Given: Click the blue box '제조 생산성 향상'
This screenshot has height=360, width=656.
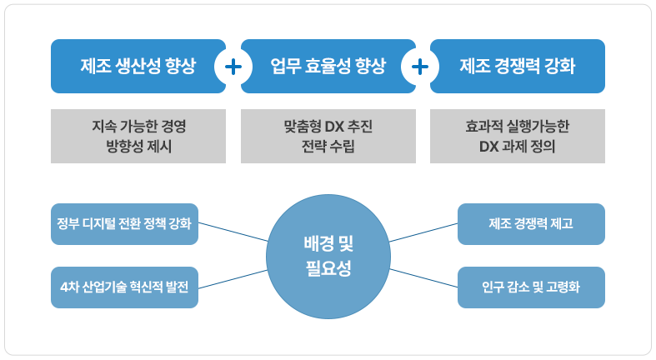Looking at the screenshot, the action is tap(138, 66).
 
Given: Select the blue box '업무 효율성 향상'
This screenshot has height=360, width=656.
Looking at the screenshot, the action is tap(328, 66).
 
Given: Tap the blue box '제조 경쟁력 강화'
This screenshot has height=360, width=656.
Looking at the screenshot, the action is tap(518, 66).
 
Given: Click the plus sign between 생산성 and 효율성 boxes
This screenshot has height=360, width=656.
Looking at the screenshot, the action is tap(233, 67).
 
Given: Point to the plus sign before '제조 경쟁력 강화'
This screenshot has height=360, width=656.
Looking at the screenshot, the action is tap(419, 67).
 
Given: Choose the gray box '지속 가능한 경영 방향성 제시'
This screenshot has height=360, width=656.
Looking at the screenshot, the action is tap(138, 137).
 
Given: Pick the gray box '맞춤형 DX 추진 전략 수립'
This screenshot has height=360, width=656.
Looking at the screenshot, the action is tap(328, 137).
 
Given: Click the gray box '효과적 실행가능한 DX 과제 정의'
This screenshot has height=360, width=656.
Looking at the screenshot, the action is tap(518, 137).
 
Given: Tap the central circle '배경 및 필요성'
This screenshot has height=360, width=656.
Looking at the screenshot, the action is tap(328, 257).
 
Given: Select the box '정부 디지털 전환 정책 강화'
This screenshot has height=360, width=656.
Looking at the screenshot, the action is tap(125, 224).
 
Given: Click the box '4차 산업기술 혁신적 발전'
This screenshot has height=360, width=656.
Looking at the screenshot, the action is tap(125, 287).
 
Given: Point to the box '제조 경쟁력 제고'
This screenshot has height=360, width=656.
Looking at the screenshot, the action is tap(531, 224).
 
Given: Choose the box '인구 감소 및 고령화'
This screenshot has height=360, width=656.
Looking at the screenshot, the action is tap(531, 287).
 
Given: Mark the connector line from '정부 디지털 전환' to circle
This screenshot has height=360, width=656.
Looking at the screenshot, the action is tap(233, 232).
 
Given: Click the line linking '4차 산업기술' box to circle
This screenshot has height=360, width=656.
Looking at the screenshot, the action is tap(233, 279).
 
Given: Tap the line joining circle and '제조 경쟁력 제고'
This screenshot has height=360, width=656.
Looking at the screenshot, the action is tap(423, 232).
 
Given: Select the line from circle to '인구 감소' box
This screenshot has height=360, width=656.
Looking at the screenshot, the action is tap(423, 278).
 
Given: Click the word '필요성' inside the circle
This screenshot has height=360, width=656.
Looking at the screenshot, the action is tap(328, 268).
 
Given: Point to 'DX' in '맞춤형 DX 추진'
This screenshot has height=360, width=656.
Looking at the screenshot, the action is tap(334, 127).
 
